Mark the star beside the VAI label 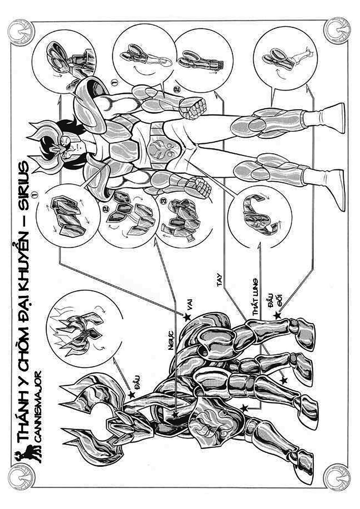pos(187,317)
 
